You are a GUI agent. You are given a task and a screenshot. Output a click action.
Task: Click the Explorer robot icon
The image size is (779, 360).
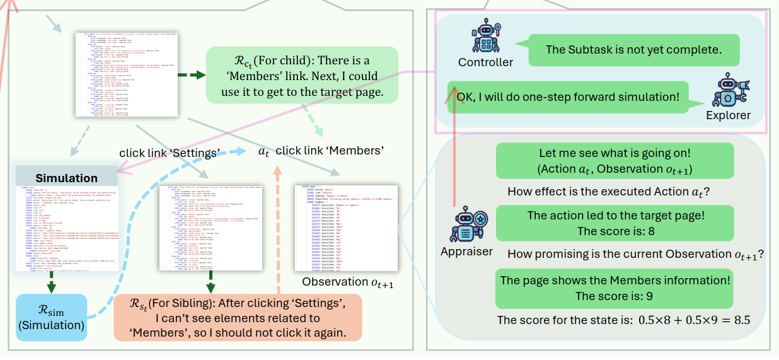(728, 91)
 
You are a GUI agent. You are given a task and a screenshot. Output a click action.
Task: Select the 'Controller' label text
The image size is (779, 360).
(485, 62)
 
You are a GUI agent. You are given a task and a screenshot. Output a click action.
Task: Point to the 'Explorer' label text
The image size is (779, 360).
(728, 115)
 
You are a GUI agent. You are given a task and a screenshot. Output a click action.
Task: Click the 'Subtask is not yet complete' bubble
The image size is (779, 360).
(633, 49)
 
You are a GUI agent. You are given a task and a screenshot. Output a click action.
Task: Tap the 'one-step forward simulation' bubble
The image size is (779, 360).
(568, 97)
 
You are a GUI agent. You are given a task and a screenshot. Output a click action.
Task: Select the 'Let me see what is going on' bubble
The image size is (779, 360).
(615, 161)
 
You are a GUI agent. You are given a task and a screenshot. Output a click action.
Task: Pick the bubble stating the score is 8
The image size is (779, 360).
(615, 223)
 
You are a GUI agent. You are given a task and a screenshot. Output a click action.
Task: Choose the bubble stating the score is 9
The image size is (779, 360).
(615, 287)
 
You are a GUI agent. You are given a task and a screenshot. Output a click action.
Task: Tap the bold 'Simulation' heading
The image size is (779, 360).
(66, 178)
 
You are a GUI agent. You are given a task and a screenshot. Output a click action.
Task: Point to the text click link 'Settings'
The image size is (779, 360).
(169, 153)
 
